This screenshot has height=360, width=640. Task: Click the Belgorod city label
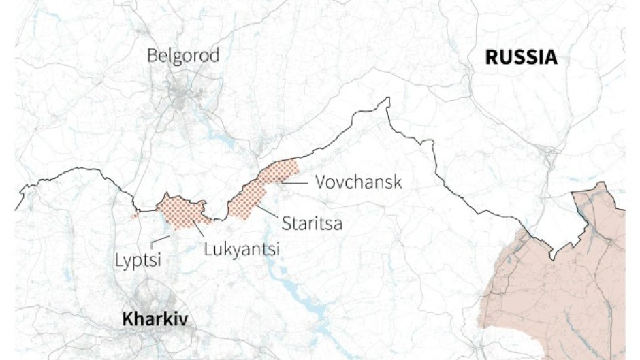click(183, 55)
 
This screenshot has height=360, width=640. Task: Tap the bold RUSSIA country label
click(521, 57)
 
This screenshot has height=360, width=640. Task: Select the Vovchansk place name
click(359, 182)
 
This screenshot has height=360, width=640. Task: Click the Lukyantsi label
click(242, 249)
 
